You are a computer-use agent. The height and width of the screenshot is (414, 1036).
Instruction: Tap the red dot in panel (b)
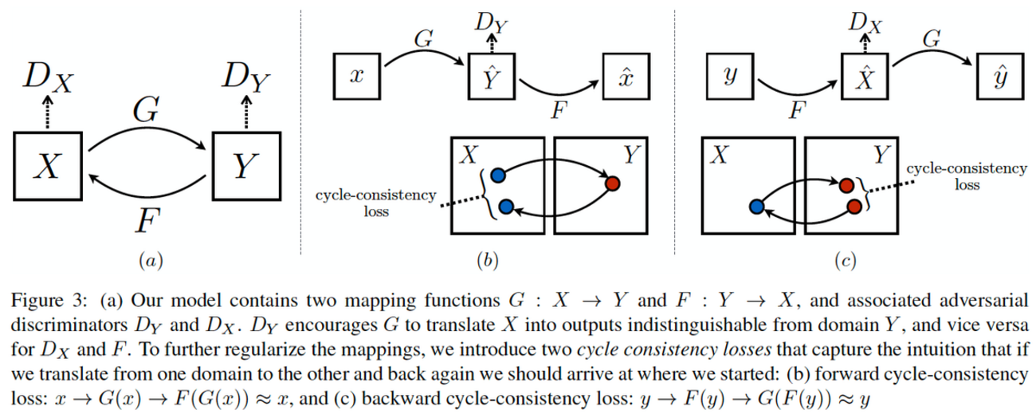coord(613,183)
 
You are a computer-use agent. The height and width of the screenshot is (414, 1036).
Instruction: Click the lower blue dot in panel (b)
coord(504,207)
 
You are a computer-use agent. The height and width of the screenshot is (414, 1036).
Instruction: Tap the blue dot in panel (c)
coord(757,207)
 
